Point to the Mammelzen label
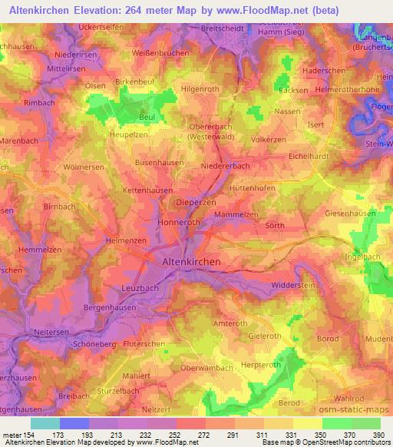236,214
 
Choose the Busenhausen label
160,162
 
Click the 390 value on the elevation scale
378,435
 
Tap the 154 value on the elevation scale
28,435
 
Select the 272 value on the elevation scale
203,435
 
